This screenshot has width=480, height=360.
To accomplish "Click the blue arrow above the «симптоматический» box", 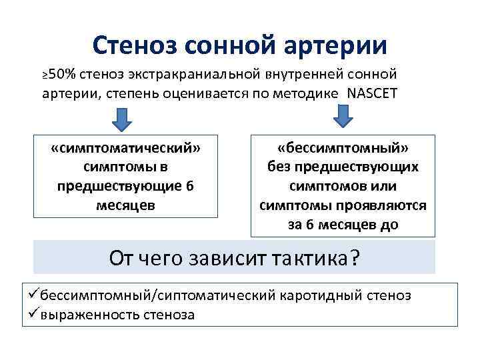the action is coord(122,119).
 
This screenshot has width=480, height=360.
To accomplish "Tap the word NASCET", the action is coord(372,93).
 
